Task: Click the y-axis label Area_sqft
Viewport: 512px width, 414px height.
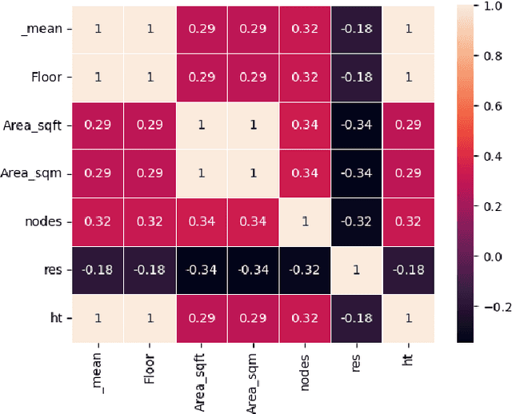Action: pyautogui.click(x=37, y=125)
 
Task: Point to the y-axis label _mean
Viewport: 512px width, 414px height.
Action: pyautogui.click(x=45, y=30)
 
